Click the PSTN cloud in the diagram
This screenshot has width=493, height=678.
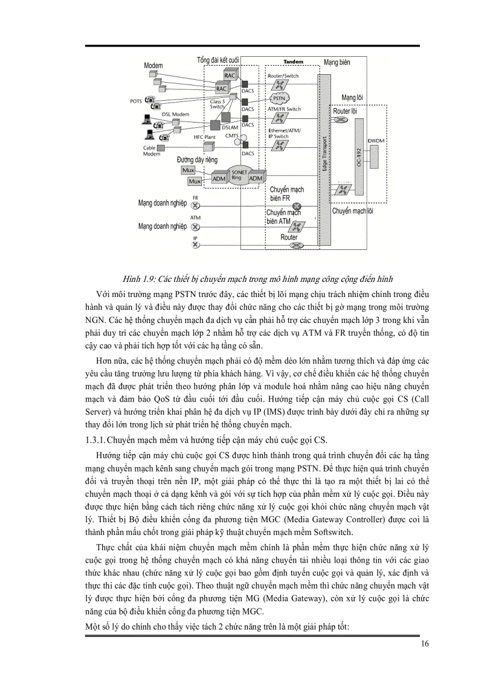pyautogui.click(x=279, y=98)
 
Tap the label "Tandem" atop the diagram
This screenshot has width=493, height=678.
pyautogui.click(x=293, y=62)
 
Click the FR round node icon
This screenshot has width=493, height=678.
pyautogui.click(x=195, y=205)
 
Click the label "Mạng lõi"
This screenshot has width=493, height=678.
pyautogui.click(x=352, y=97)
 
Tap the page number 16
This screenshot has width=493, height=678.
pyautogui.click(x=425, y=644)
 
